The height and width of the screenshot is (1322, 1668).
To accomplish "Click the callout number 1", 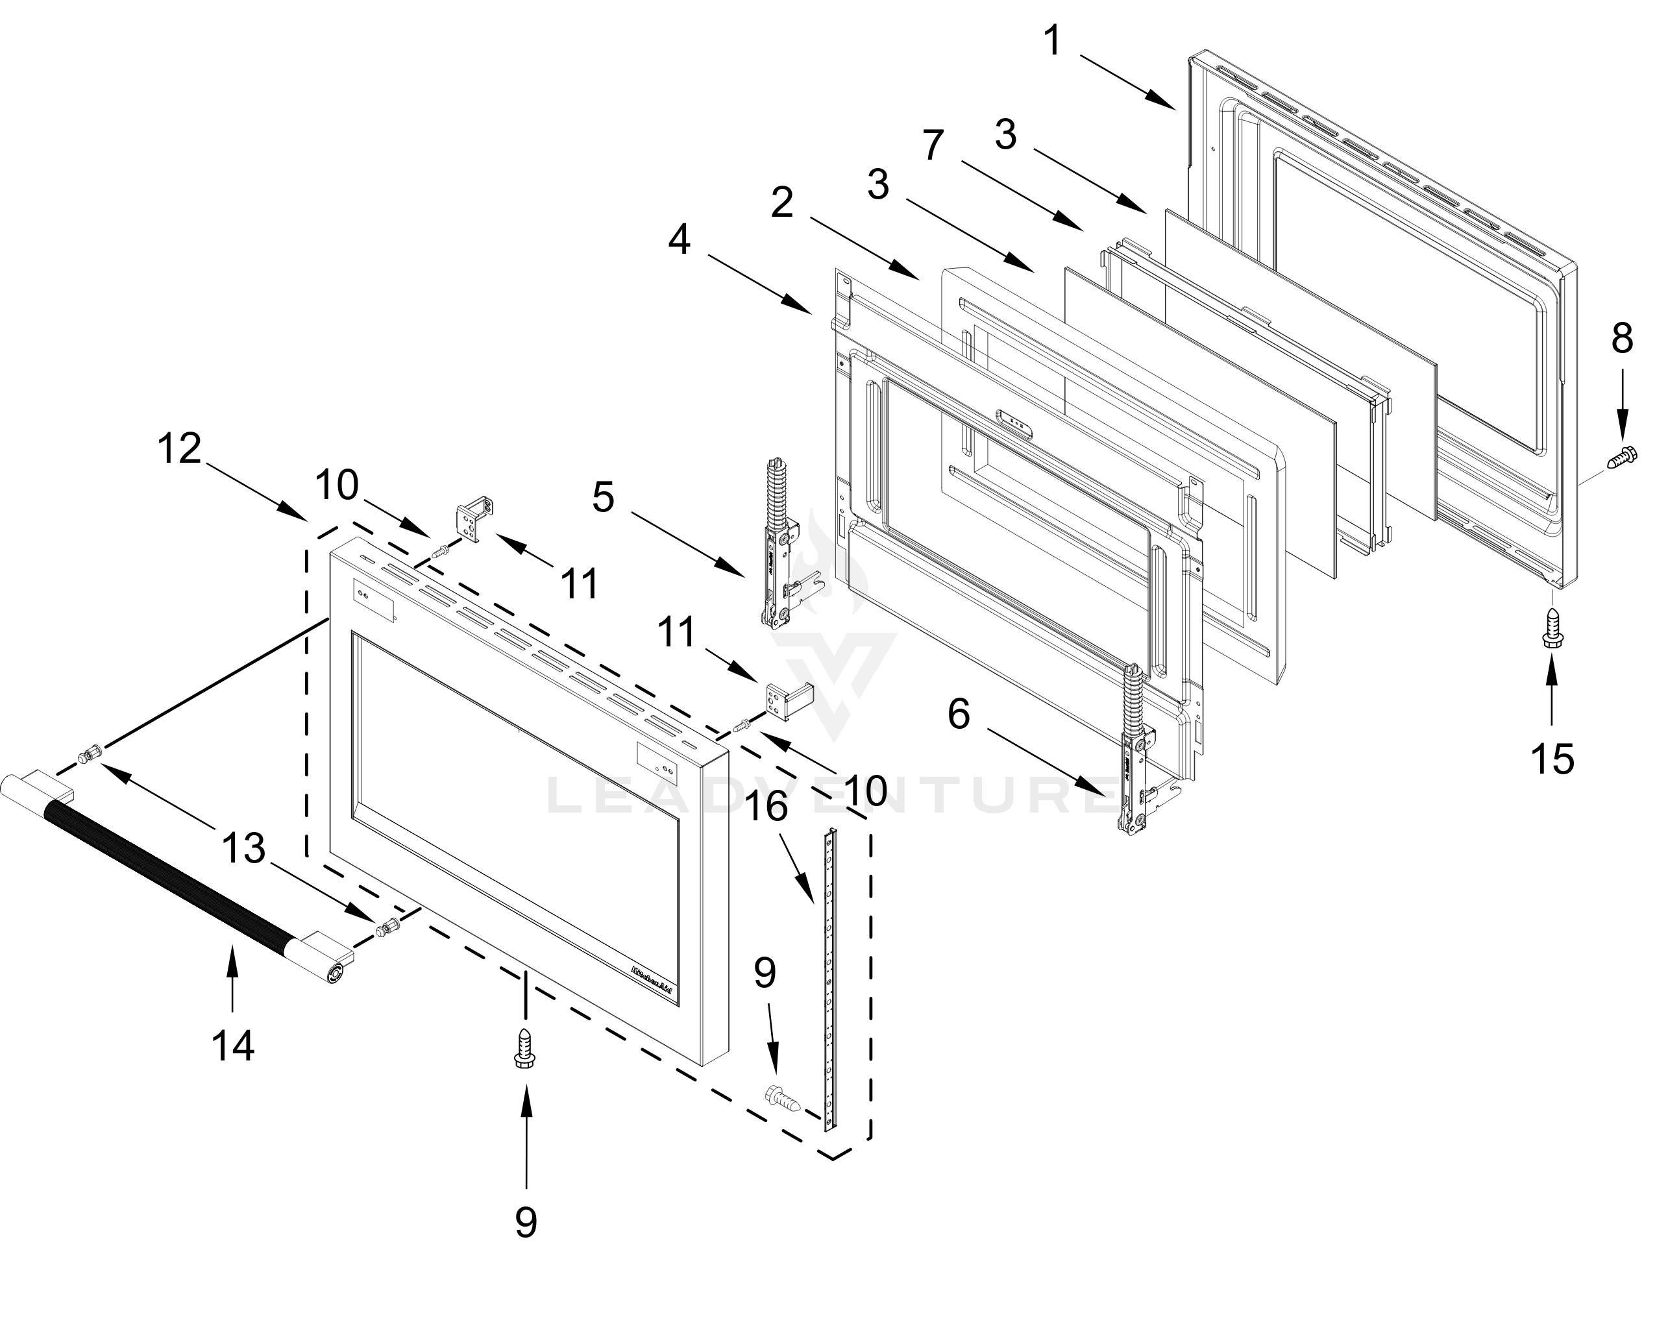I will point(1051,41).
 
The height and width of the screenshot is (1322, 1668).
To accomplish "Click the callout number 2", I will point(781,203).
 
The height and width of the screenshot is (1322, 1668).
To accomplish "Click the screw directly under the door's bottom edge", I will point(525,1049).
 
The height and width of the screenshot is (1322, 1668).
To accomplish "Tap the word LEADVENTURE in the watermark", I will point(831,797).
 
